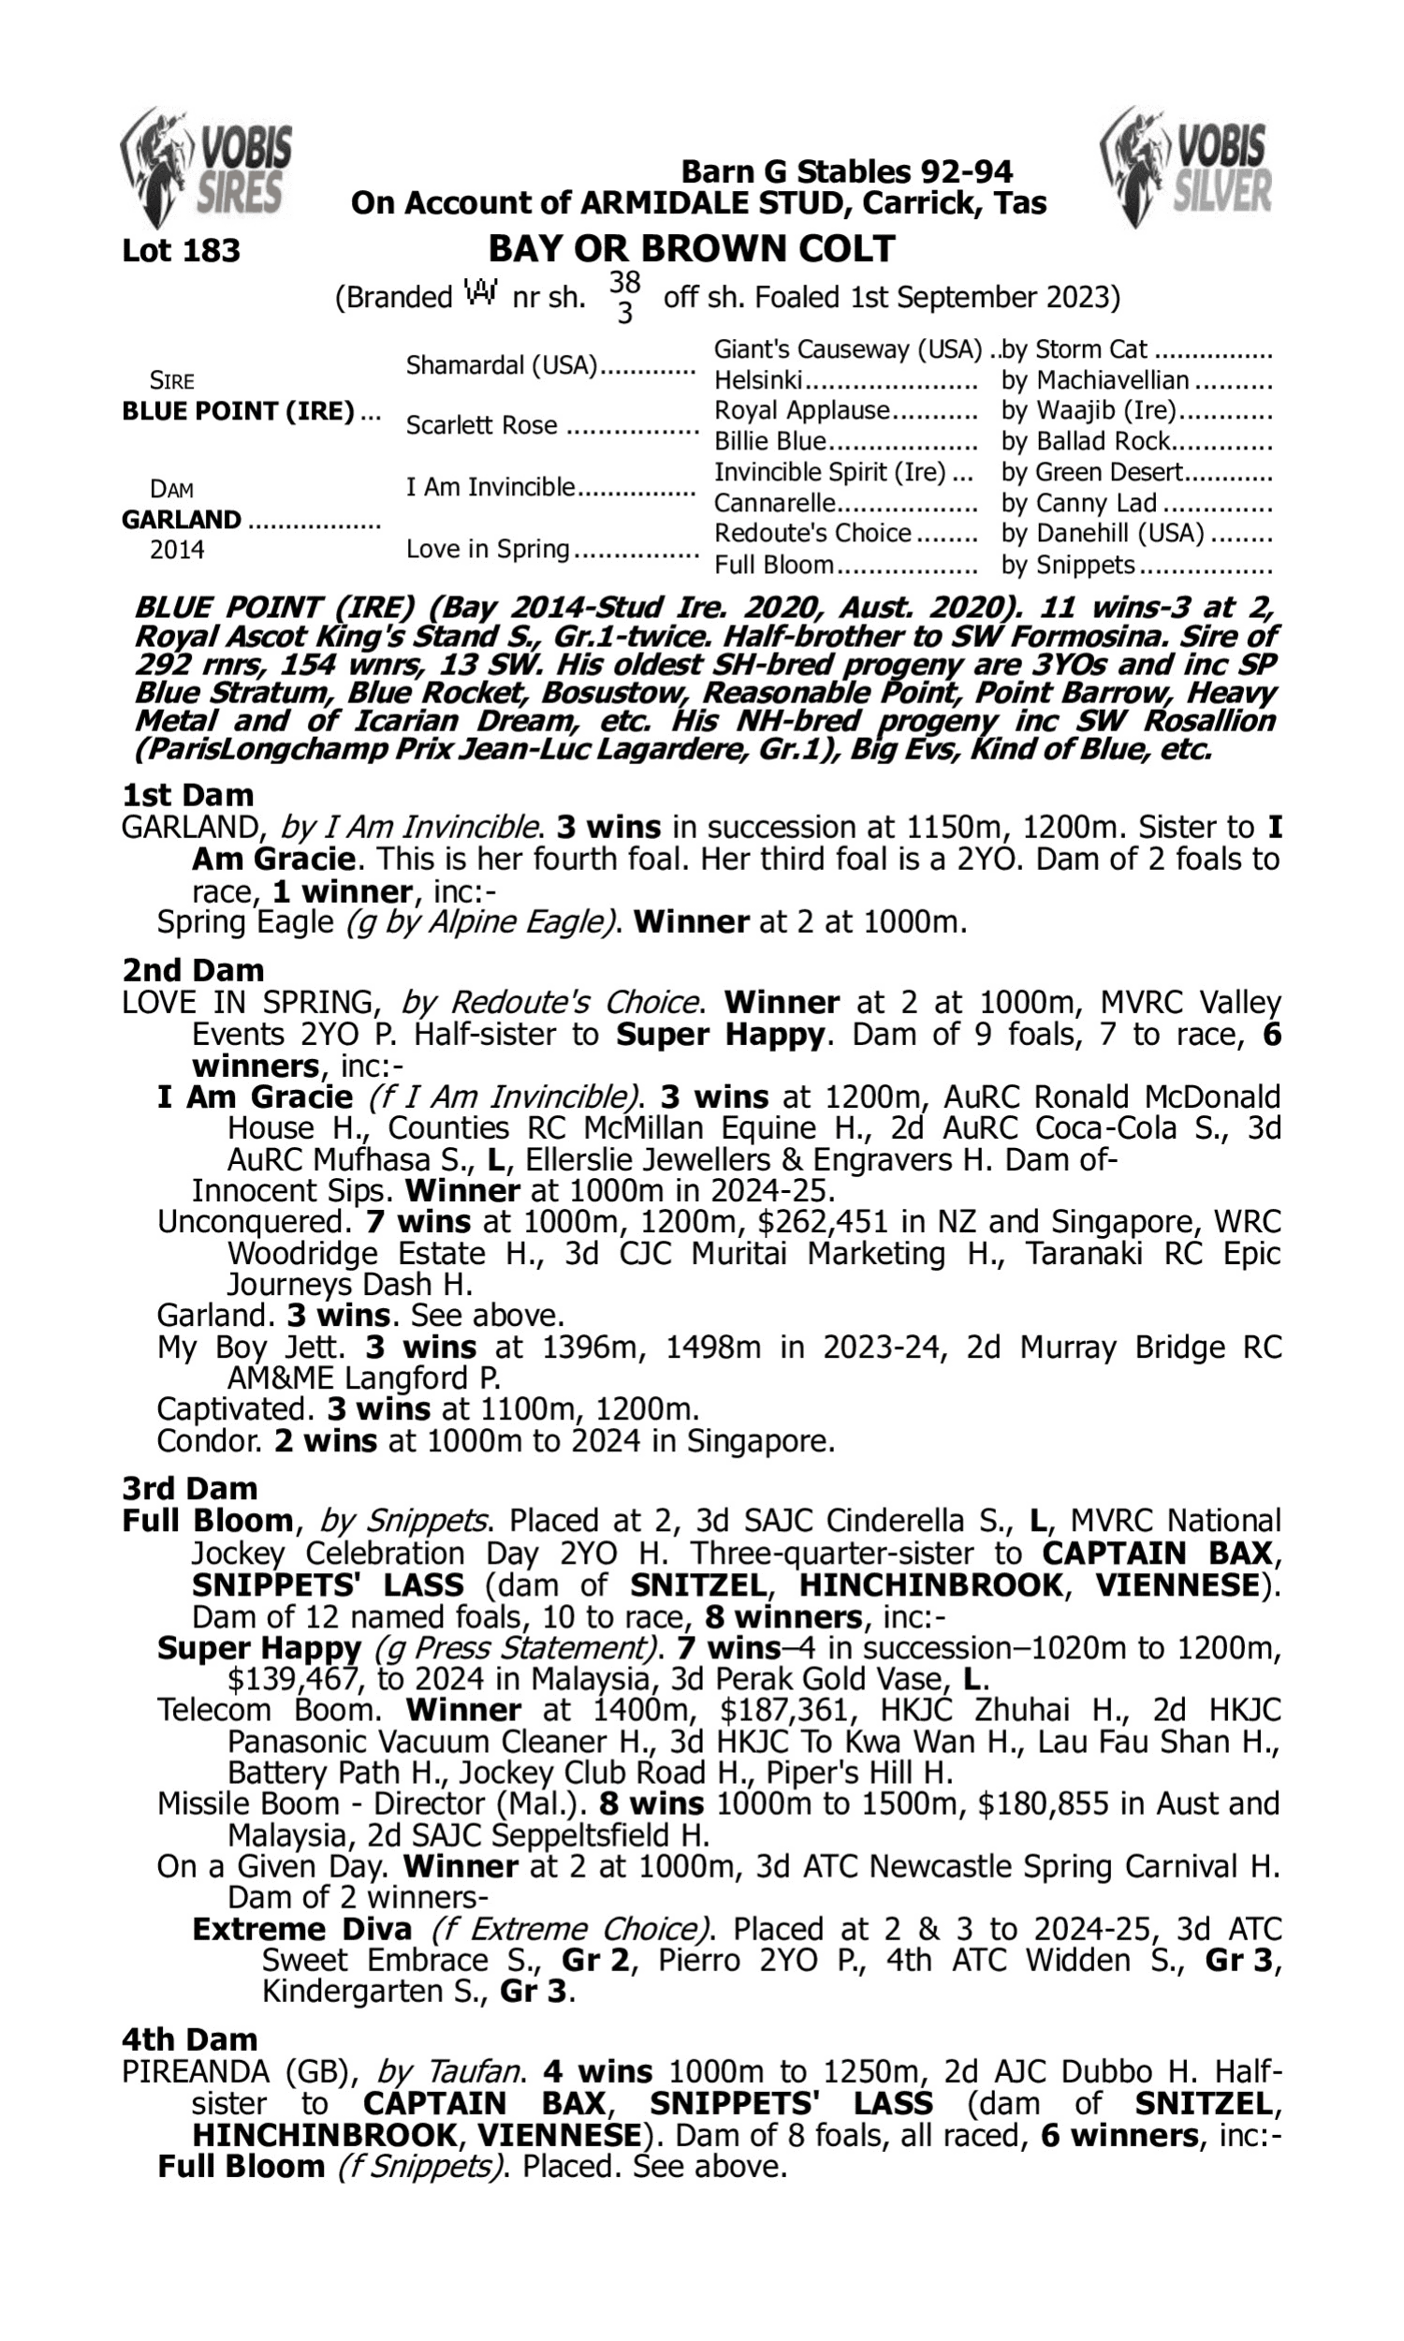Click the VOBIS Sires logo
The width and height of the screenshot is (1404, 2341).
click(206, 167)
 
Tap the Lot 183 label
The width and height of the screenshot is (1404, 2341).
click(181, 251)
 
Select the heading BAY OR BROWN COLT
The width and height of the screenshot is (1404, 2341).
click(691, 249)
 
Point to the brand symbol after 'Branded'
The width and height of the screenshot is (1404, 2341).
click(481, 294)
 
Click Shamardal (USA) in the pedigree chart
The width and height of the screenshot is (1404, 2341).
click(502, 365)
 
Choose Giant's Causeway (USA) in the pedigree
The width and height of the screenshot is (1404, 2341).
click(847, 350)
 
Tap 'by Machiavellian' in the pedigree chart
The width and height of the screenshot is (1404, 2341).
click(1094, 380)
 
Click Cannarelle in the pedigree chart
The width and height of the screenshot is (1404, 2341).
click(774, 503)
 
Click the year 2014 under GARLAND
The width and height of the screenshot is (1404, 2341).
click(177, 550)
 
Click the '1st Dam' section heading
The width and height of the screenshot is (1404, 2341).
click(187, 795)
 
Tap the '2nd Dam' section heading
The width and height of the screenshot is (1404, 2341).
click(192, 970)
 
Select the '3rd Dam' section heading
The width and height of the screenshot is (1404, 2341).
click(189, 1489)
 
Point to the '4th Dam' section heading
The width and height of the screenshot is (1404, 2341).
click(189, 2039)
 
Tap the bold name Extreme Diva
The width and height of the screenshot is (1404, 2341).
click(301, 1928)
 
